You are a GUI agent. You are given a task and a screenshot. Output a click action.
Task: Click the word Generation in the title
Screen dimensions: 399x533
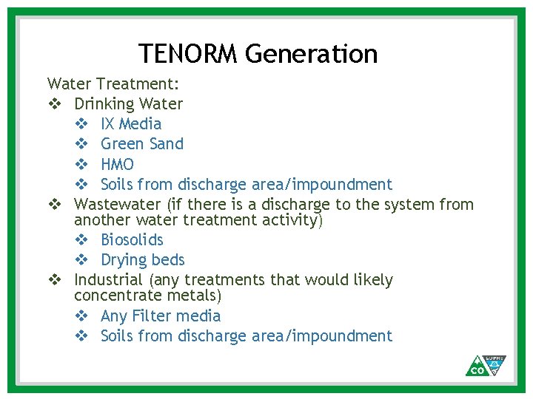(x=311, y=54)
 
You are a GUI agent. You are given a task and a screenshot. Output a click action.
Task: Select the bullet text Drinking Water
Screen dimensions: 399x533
(x=128, y=103)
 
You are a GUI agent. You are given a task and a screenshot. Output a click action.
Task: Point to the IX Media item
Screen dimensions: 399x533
(x=130, y=123)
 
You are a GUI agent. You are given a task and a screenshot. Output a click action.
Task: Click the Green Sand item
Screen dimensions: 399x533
(x=141, y=143)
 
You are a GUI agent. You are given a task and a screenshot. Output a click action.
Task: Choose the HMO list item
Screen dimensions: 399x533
(x=117, y=164)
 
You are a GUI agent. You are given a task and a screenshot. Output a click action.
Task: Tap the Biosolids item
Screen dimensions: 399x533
(x=132, y=239)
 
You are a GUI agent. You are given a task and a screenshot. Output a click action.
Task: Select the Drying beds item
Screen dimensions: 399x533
(x=142, y=259)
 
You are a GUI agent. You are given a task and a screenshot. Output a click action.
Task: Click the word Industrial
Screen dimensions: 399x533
(x=108, y=279)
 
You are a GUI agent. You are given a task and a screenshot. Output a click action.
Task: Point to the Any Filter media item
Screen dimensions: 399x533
(x=161, y=316)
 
